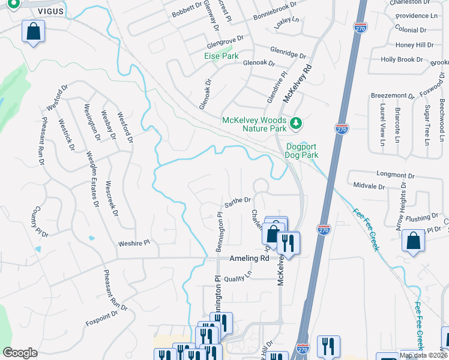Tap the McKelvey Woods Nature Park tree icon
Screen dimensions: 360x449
[295, 124]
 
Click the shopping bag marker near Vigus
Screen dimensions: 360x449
[34, 32]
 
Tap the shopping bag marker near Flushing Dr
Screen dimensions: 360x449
[414, 241]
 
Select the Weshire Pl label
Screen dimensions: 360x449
[134, 242]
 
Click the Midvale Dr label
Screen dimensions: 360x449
[369, 186]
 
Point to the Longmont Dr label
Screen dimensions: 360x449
[396, 174]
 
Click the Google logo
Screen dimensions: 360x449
[20, 353]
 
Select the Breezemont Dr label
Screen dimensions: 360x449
[393, 95]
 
